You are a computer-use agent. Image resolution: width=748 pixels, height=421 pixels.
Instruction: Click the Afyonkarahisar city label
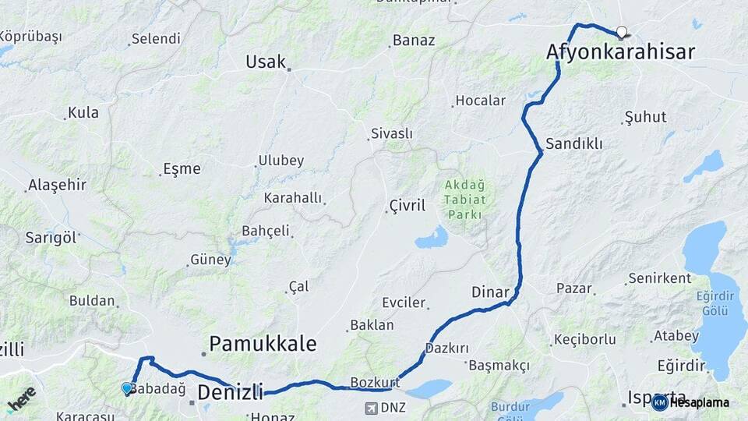[620, 52]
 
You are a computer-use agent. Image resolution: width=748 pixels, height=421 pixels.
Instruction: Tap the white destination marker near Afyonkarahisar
[622, 33]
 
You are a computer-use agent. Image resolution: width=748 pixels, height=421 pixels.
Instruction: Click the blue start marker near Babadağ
[127, 388]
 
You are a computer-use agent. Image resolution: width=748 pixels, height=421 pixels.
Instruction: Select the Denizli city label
[230, 391]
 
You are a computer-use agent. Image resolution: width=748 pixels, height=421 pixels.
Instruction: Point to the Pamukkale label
[263, 343]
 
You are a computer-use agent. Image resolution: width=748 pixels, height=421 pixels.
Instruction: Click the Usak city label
[266, 62]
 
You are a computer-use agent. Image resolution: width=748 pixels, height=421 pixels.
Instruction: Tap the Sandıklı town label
[574, 144]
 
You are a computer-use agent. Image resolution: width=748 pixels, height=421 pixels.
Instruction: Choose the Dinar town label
[490, 292]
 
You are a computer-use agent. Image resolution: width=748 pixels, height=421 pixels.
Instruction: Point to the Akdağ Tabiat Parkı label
[464, 199]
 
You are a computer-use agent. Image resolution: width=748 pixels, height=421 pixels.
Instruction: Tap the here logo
[21, 400]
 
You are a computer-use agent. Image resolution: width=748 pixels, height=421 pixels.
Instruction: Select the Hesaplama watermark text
[699, 402]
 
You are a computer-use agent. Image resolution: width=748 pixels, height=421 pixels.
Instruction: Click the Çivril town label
[408, 206]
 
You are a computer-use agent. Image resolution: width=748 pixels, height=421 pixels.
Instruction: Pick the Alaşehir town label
[57, 186]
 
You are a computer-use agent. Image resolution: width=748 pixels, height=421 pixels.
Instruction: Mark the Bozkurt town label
[375, 383]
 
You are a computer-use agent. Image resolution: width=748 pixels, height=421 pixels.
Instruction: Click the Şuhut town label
[647, 118]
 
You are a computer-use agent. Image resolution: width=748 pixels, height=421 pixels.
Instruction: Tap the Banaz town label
[414, 40]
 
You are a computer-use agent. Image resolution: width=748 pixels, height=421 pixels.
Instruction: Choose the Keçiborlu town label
[584, 339]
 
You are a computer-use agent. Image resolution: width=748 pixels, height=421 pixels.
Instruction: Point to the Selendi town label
[156, 38]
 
